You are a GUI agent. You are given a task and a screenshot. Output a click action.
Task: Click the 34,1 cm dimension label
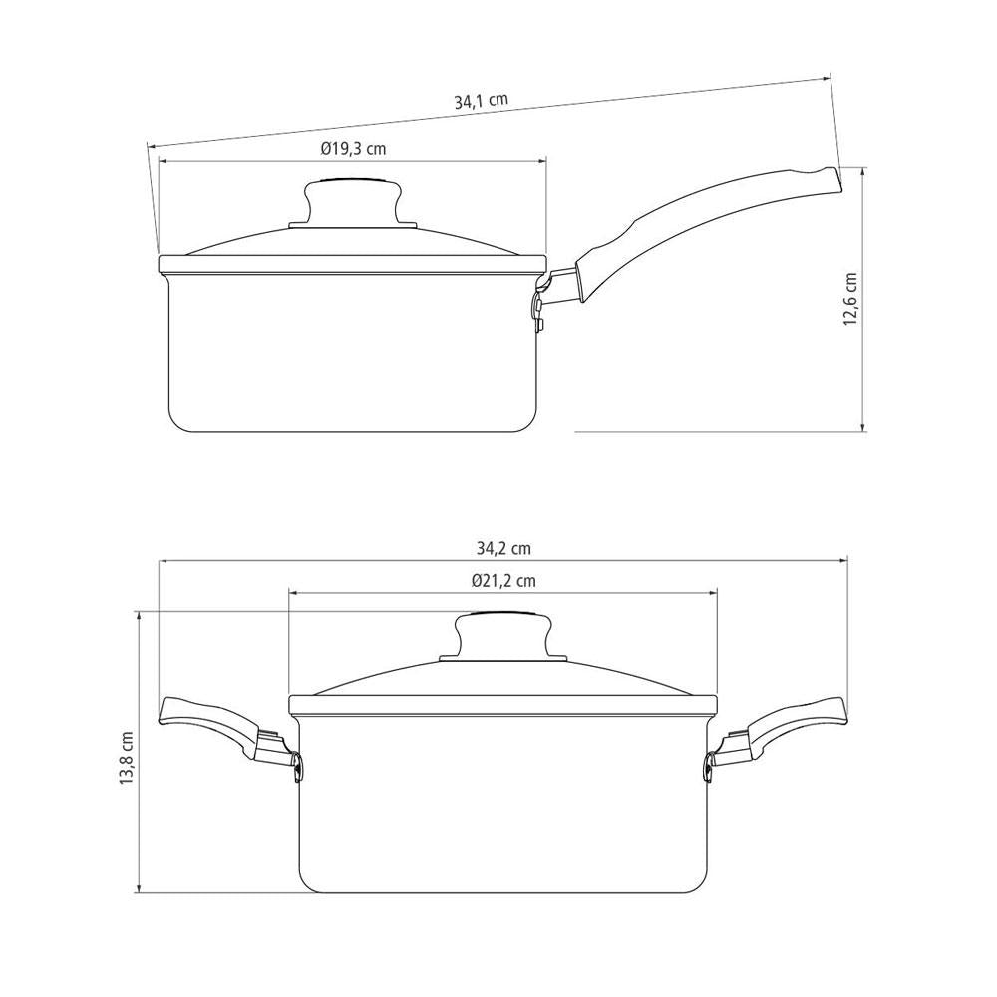point(481,101)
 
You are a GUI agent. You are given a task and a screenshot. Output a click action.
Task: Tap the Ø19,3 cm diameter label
point(354,149)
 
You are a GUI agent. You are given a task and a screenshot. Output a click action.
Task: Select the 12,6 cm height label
point(850,300)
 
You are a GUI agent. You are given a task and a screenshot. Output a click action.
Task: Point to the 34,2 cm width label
point(502,548)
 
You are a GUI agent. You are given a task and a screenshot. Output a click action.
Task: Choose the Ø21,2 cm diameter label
point(503,580)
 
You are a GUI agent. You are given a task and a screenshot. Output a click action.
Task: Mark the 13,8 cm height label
point(127,757)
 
